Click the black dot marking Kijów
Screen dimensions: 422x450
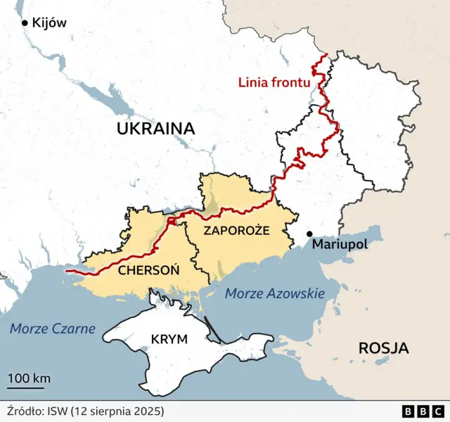coord(25,23)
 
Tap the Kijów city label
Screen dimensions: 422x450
coord(49,23)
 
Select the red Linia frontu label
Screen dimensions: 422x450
coord(274,82)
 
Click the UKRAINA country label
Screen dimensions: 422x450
coord(155,128)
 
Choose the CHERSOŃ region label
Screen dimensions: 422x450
coord(148,269)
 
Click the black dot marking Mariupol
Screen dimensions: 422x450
coord(309,234)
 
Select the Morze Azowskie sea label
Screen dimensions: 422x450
coord(274,293)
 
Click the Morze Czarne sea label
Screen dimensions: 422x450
coord(53,328)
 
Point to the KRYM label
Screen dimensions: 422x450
coord(169,339)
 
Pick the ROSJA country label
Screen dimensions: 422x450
coord(384,347)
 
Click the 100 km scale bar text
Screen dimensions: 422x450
coord(29,378)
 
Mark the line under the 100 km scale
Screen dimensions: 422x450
coord(29,387)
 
